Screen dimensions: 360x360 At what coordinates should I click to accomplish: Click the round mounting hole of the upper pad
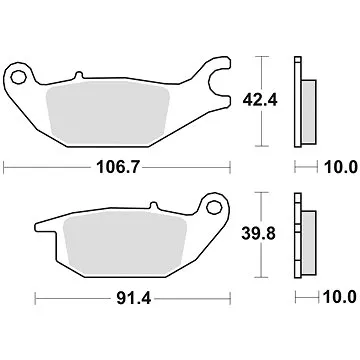click(x=19, y=76)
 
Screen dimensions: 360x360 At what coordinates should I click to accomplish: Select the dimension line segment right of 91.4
click(x=200, y=296)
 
